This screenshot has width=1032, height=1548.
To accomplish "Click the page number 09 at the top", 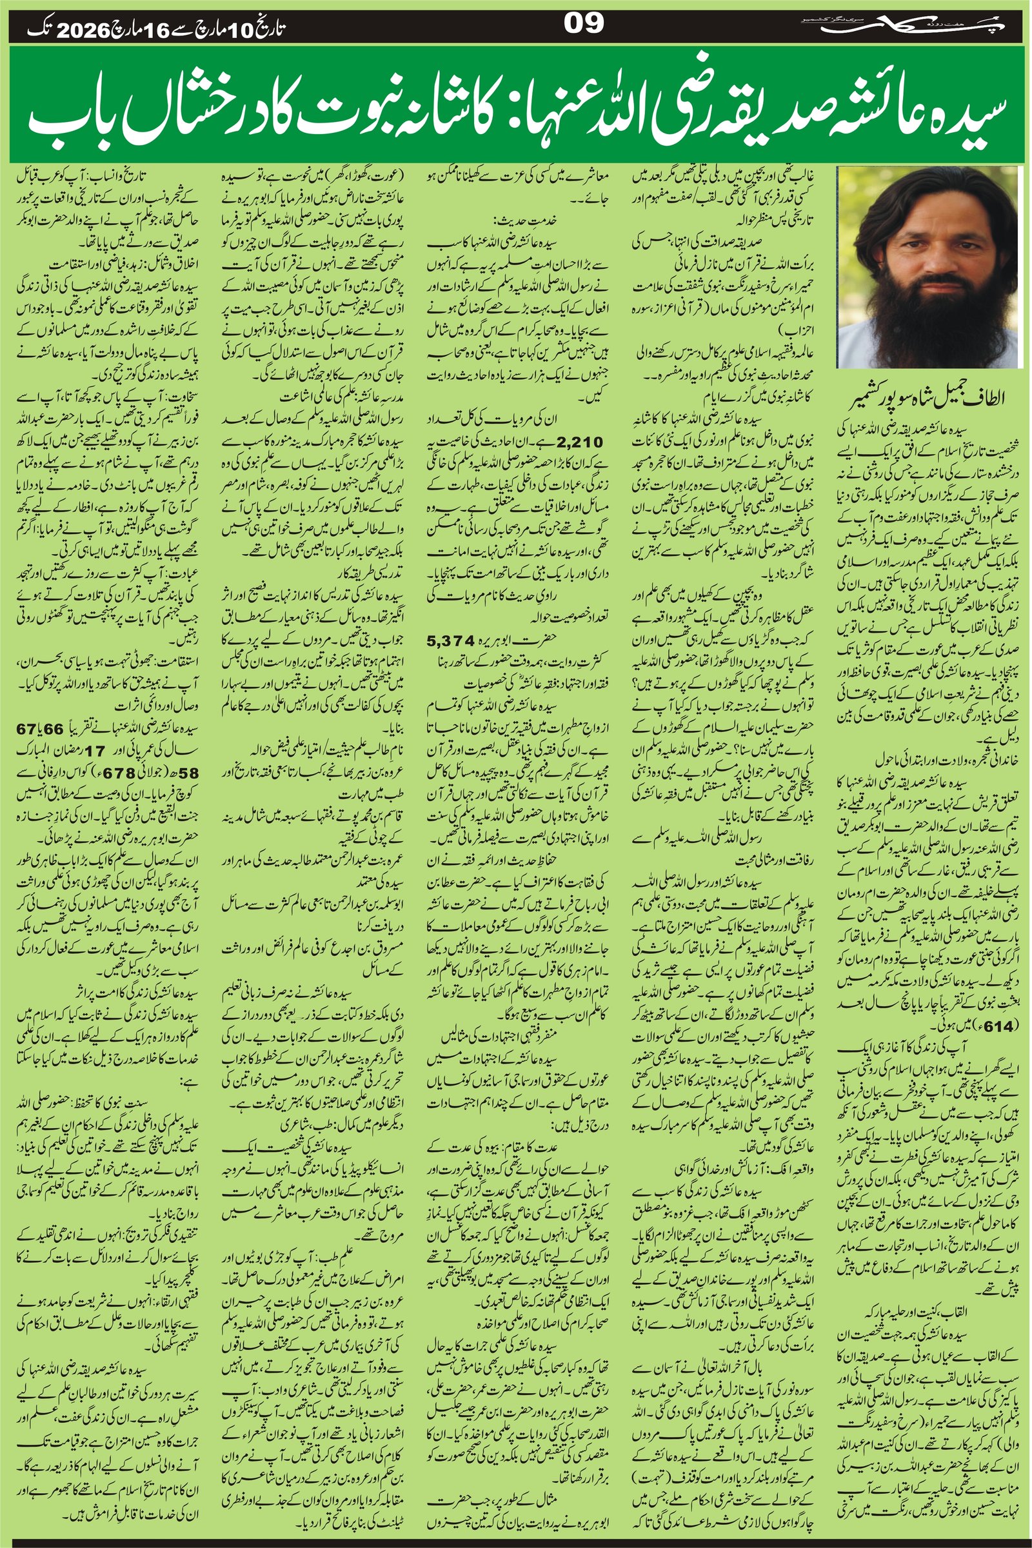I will [x=584, y=25].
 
